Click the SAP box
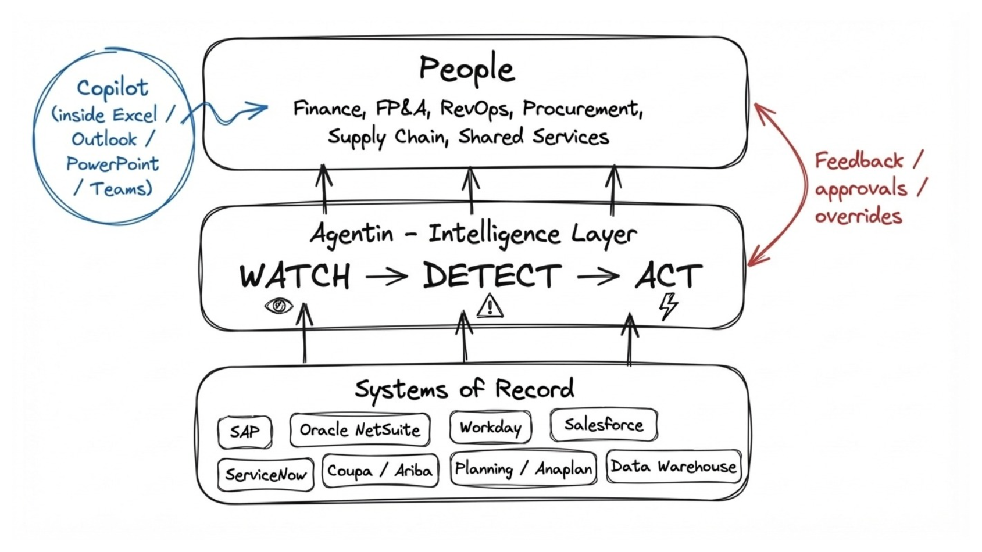(245, 432)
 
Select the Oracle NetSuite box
(360, 430)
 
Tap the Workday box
(490, 428)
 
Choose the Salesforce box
(604, 425)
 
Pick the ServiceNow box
(265, 475)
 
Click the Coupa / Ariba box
(380, 470)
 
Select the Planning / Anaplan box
(523, 468)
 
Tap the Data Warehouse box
(673, 467)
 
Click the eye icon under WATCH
(278, 305)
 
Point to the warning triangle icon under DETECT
(490, 306)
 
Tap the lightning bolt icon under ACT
(669, 306)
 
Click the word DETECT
(492, 276)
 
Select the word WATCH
(295, 276)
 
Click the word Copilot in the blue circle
(112, 88)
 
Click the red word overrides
(858, 216)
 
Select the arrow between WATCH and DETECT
(386, 277)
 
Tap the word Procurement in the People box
(582, 109)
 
